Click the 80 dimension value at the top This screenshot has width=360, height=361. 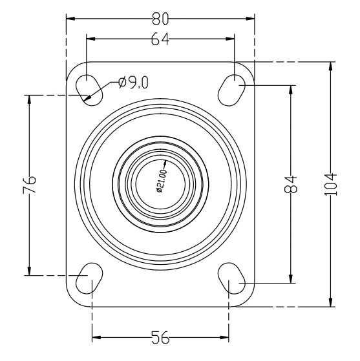pos(160,19)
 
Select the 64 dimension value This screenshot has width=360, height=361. pos(160,39)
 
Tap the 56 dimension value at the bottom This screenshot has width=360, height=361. pos(160,337)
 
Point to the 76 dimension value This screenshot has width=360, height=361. pos(30,185)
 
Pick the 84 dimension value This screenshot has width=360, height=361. pos(290,184)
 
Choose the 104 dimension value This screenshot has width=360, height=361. pos(331,185)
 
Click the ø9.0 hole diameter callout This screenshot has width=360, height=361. pos(133,82)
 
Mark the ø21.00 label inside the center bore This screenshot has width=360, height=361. pos(161,181)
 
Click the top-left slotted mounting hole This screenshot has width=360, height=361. pos(89,90)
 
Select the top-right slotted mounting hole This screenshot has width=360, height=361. pos(231,90)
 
